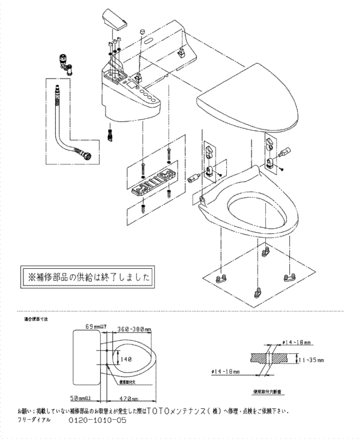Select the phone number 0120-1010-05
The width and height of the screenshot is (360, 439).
click(x=98, y=421)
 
